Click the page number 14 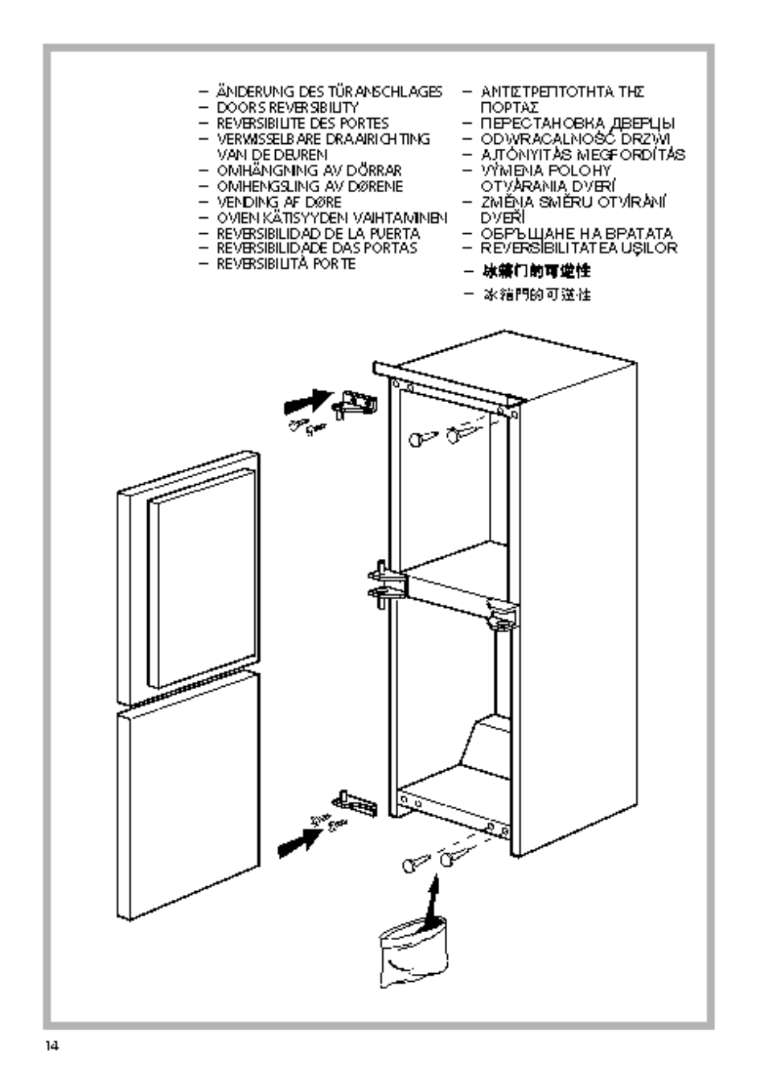(52, 1046)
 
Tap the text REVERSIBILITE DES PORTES (302, 124)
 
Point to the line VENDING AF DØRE (278, 202)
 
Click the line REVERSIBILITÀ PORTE (286, 264)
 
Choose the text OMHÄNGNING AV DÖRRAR (308, 170)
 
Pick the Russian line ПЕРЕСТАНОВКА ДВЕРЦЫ (577, 124)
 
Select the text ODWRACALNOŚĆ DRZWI (575, 139)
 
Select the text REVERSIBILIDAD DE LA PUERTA (318, 233)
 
